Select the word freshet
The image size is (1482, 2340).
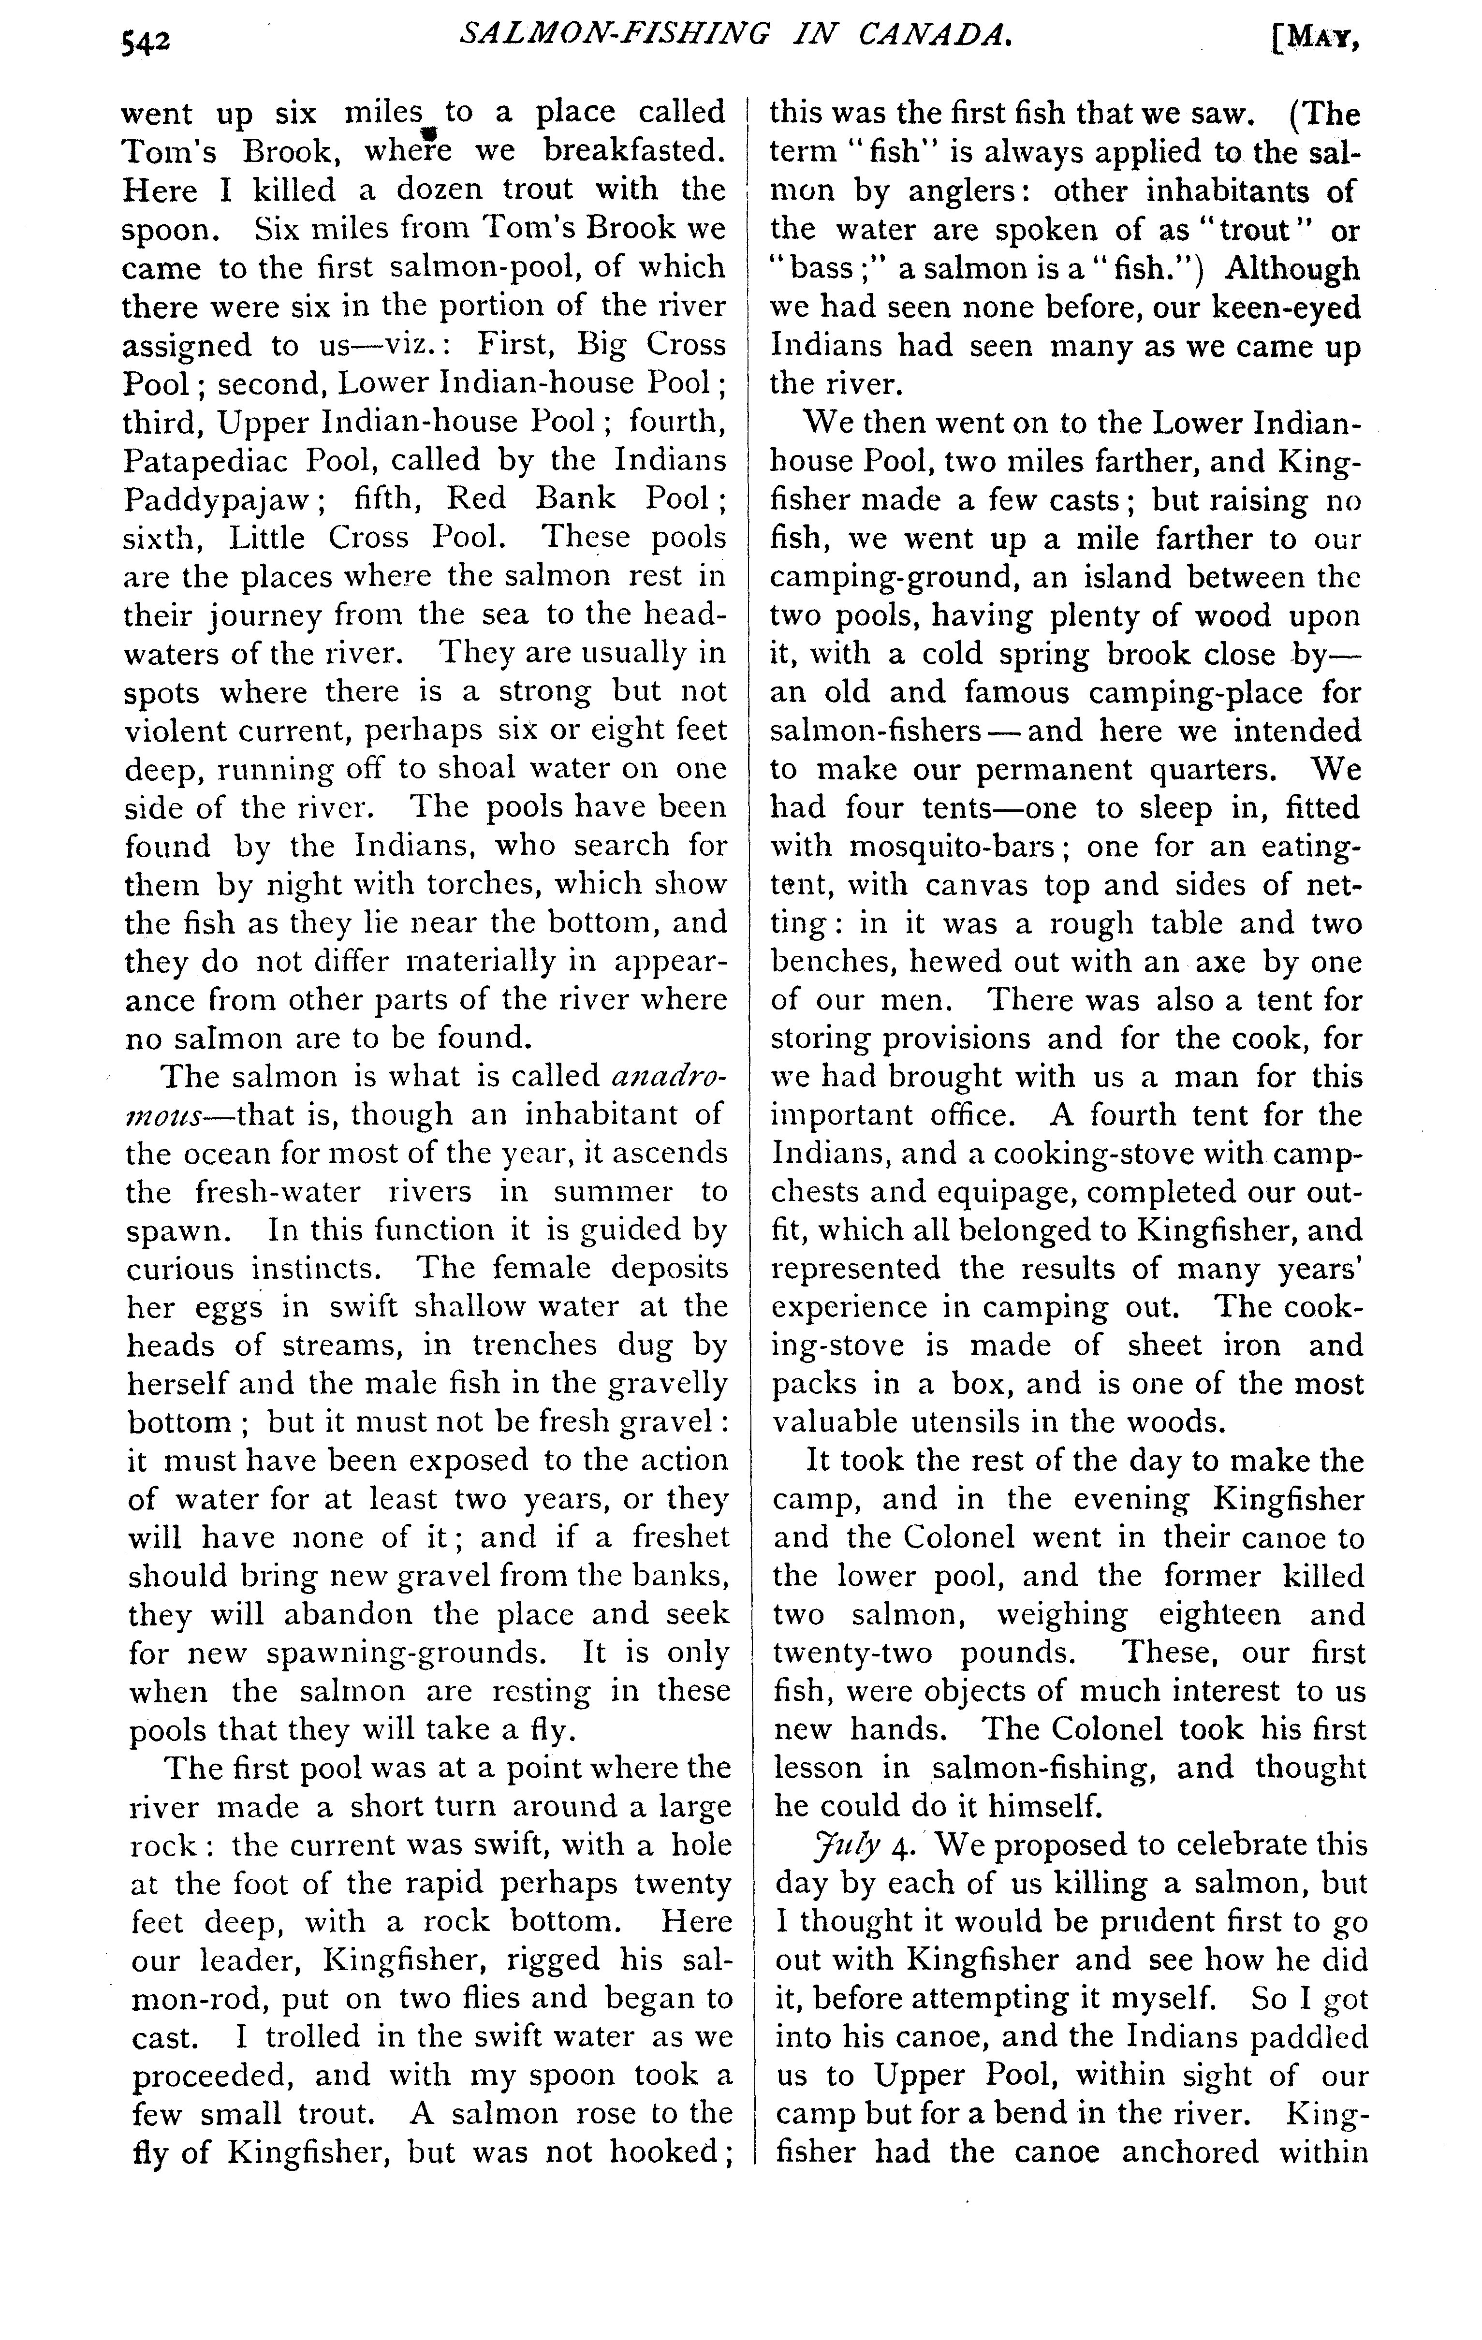point(680,1537)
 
